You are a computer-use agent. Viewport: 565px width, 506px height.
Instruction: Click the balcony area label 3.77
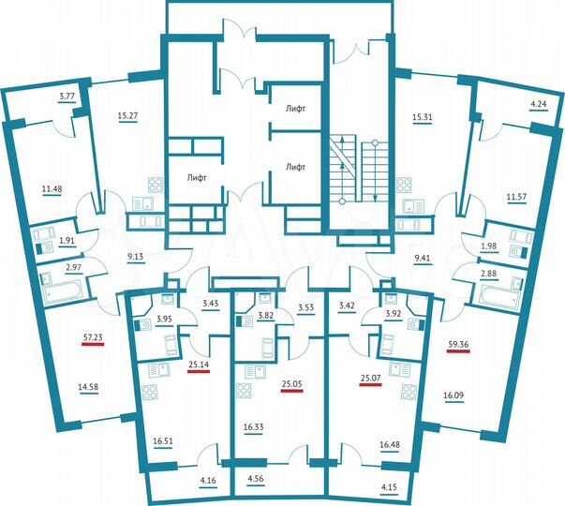point(67,97)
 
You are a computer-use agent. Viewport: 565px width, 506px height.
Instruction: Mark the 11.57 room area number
point(516,198)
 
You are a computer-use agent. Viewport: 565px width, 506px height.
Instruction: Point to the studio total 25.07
point(372,379)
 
